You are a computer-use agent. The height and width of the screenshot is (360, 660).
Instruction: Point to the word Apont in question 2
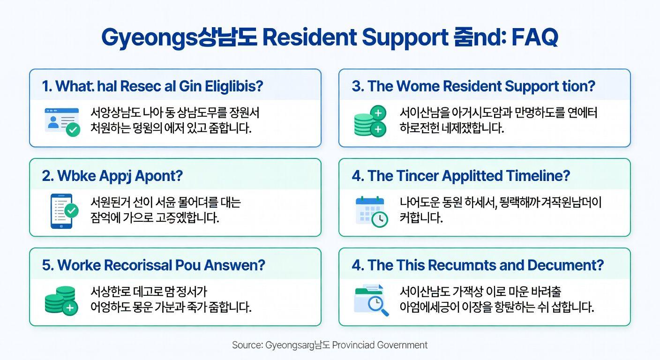click(158, 176)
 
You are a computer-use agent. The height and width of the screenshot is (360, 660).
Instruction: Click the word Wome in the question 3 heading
click(417, 86)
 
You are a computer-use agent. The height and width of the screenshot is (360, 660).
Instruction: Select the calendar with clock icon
click(371, 211)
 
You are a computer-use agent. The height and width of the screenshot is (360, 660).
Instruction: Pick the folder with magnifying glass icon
click(371, 300)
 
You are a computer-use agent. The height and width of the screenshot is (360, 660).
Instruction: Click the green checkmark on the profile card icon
click(73, 129)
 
